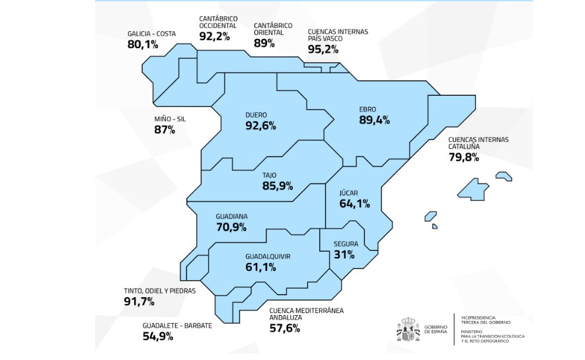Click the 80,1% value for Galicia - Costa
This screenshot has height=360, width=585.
[143, 45]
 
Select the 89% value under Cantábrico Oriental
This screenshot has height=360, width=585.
[264, 43]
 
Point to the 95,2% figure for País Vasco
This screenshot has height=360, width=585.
[324, 48]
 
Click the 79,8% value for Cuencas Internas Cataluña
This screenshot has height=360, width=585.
[463, 157]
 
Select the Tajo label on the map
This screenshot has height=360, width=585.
[269, 175]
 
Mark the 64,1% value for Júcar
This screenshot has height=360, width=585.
[354, 203]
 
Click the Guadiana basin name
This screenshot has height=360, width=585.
[231, 216]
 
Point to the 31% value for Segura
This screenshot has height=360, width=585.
[344, 254]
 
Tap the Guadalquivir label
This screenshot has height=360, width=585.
[268, 256]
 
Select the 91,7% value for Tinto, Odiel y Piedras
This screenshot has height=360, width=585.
[139, 302]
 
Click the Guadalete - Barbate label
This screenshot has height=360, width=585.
[177, 326]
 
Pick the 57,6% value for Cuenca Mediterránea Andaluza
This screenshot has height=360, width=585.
[284, 328]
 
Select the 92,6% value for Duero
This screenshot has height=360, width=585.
[260, 126]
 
